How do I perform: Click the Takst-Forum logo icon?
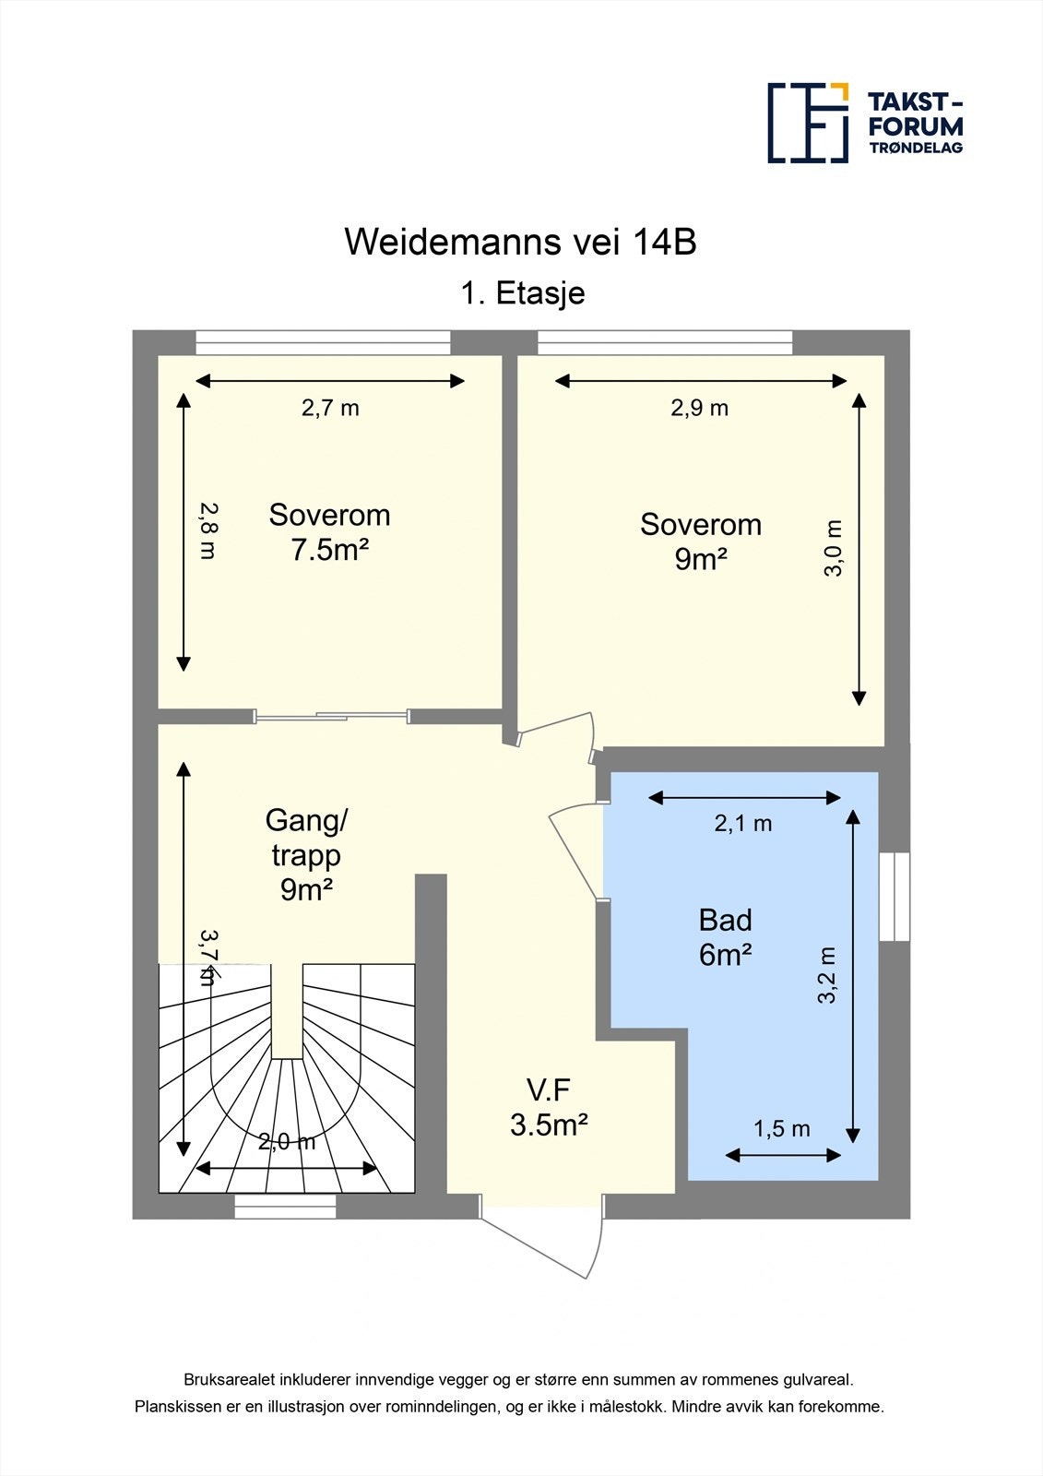(808, 123)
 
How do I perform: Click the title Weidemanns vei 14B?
(520, 242)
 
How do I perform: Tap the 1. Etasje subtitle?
(523, 293)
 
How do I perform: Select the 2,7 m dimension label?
(330, 408)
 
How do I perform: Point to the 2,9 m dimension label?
(699, 408)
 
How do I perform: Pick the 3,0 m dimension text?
(833, 549)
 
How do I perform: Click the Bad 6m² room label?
(725, 937)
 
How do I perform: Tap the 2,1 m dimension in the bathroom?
(743, 824)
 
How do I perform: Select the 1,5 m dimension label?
(781, 1129)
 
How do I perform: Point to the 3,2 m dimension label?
(826, 975)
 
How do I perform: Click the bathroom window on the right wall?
(895, 897)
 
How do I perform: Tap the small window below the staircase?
(284, 1207)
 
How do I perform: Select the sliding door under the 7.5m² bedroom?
(332, 715)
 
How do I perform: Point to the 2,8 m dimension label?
(207, 530)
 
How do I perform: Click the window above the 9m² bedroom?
(665, 342)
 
